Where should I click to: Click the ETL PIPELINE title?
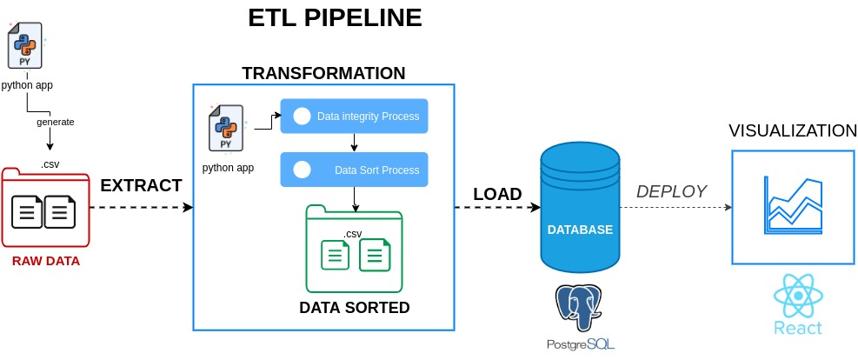[x=335, y=17]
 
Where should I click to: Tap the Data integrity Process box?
[x=354, y=116]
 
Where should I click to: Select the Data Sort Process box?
[x=354, y=170]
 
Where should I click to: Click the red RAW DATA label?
[x=46, y=261]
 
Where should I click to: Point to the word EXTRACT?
[x=141, y=185]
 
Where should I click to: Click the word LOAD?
[x=497, y=194]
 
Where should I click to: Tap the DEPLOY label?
[x=671, y=191]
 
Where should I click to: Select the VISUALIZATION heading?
[x=793, y=130]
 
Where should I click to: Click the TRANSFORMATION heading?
[x=324, y=73]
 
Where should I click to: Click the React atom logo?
[x=798, y=296]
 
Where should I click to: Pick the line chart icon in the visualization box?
[x=794, y=206]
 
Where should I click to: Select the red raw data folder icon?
[x=45, y=207]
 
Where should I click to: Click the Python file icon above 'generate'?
[x=25, y=45]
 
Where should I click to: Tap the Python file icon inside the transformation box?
[x=226, y=128]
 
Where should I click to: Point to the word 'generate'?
[x=56, y=122]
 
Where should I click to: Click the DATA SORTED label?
[x=355, y=308]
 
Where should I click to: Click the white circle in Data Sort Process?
[x=302, y=170]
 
